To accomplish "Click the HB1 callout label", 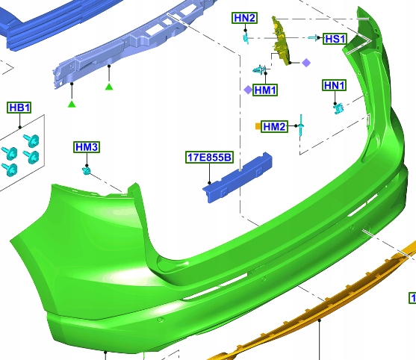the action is point(19,108).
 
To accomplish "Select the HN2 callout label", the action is point(244,18).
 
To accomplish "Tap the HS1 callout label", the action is point(335,39).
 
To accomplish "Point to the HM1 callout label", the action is point(265,90).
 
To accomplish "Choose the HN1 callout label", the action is point(335,85).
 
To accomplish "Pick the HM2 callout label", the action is point(275,126).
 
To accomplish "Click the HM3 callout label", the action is point(87,147).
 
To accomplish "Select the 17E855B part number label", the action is point(209,157).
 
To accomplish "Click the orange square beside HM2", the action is point(258,126).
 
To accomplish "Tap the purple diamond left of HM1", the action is point(248,90).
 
